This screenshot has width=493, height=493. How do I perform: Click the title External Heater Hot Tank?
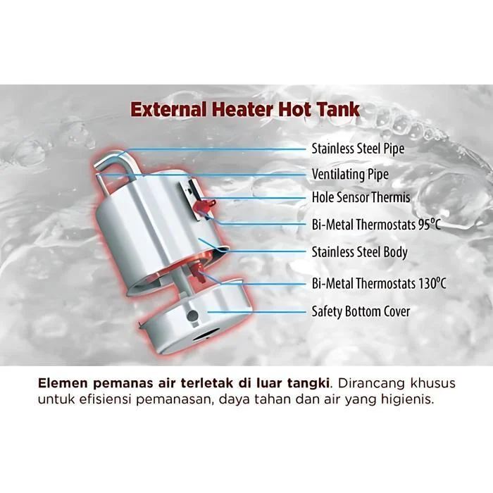tap(245, 109)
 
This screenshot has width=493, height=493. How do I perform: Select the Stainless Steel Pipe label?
tap(358, 149)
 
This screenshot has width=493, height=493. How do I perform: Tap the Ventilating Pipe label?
tap(350, 175)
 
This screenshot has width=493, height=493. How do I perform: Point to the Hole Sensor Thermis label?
tap(361, 197)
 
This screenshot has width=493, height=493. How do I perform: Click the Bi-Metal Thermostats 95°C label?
tap(376, 225)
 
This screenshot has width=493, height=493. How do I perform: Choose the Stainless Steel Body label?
tap(359, 252)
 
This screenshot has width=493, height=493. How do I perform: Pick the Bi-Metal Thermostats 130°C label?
tap(379, 283)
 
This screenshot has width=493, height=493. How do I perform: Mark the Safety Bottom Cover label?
tap(361, 311)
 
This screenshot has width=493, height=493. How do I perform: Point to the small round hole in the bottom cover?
tap(192, 316)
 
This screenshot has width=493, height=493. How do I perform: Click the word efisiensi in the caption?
tap(106, 399)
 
